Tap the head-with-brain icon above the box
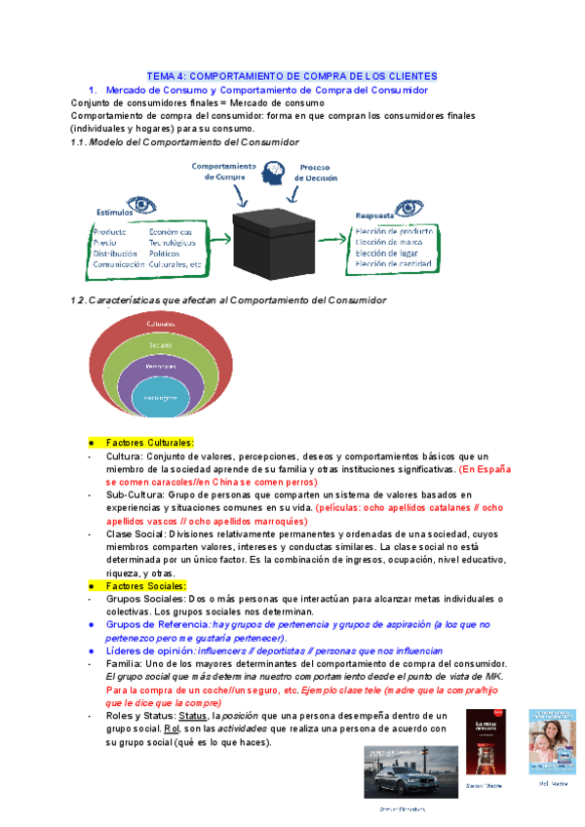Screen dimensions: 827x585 (x=273, y=173)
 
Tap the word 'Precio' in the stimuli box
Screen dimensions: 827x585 (x=106, y=241)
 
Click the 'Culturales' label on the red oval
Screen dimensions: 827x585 (x=161, y=324)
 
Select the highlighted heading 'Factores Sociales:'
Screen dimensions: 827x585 (x=145, y=585)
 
